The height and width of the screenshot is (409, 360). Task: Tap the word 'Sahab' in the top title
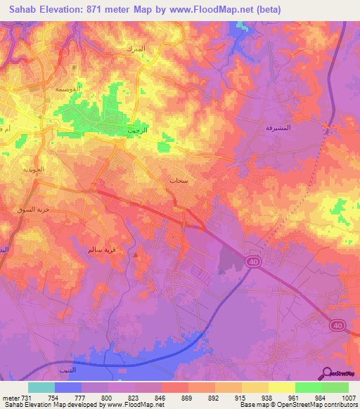(x=20, y=10)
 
